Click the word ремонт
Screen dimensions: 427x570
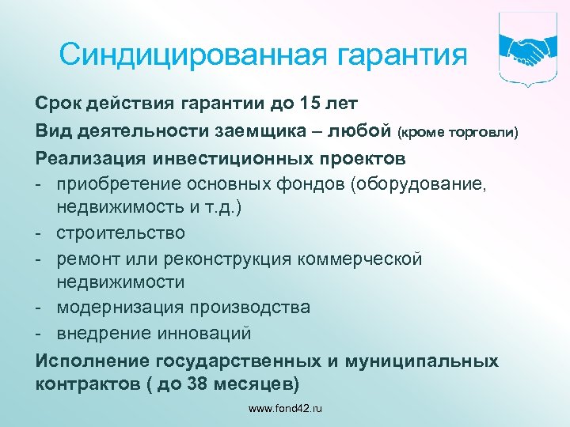[88, 259]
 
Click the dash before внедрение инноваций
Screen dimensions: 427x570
[40, 333]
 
